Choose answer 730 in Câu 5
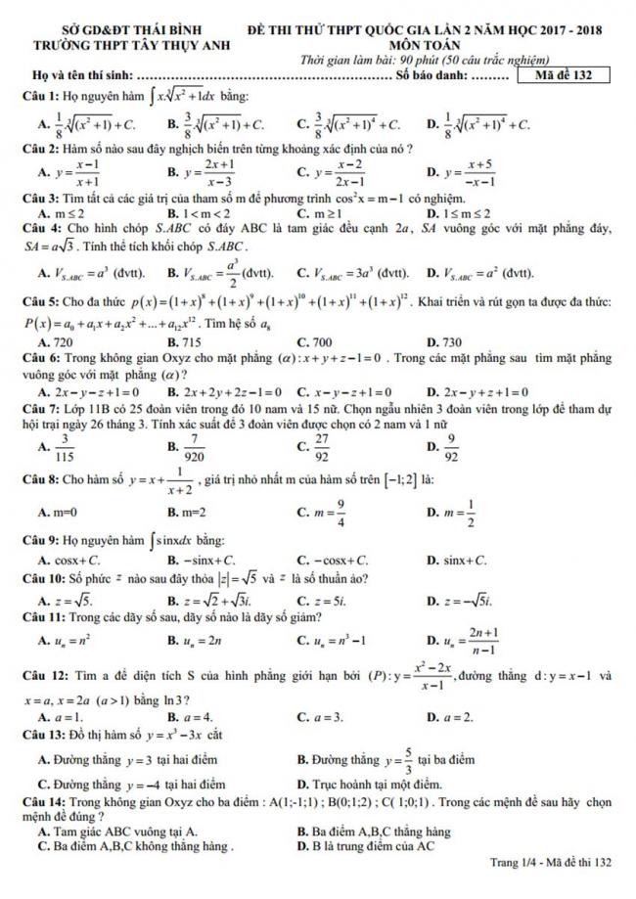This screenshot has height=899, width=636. pos(451,342)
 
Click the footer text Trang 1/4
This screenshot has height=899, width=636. pos(518,862)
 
